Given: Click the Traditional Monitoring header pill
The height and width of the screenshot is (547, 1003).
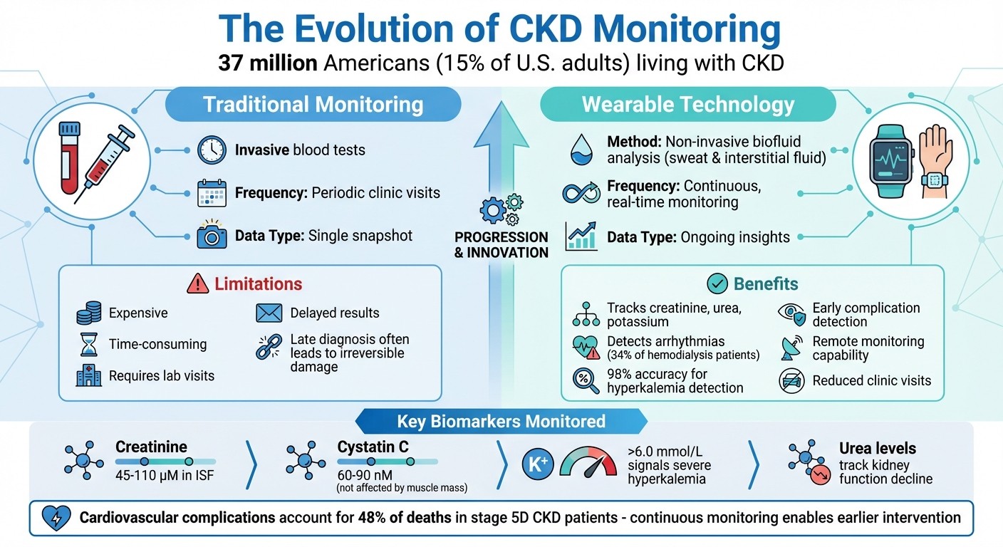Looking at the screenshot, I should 313,105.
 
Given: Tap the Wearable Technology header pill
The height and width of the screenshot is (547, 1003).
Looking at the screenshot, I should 687,105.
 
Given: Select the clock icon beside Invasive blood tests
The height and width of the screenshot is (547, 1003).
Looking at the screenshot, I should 212,150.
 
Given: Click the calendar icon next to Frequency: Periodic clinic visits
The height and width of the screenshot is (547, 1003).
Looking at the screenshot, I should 212,193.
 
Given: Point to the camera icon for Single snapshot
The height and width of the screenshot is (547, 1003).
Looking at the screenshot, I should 212,236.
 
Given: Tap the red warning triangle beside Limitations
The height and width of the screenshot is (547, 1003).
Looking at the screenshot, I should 197,284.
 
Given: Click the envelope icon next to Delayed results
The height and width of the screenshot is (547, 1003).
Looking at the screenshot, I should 269,313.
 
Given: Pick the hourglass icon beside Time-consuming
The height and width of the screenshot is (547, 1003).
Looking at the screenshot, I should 88,345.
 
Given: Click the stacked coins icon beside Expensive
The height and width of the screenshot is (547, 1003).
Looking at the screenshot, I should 88,313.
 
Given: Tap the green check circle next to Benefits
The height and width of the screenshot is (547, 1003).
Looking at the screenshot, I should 716,284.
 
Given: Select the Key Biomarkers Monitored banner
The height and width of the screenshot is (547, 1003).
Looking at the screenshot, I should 501,421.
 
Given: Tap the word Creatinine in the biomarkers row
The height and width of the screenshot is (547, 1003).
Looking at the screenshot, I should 151,447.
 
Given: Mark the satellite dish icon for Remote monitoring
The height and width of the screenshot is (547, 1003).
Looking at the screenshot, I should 791,347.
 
